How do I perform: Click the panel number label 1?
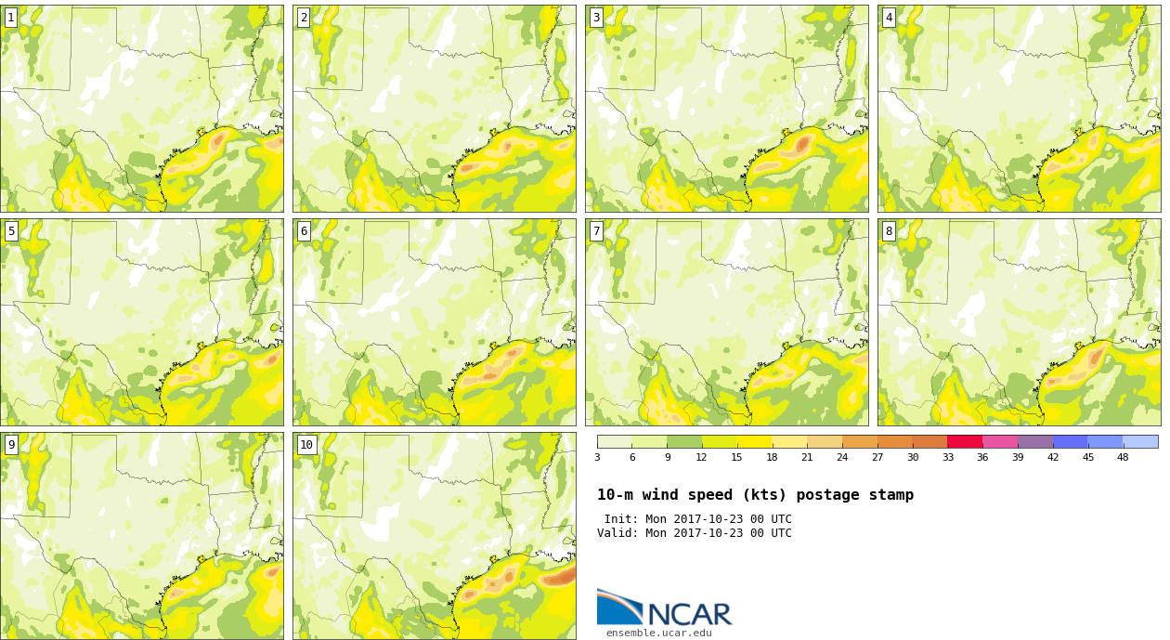11,19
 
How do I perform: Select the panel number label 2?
304,19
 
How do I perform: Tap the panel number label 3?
596,19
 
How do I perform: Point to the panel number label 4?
889,19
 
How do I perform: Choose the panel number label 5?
11,231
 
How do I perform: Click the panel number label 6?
304,231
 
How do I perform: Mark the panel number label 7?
596,231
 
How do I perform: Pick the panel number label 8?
889,231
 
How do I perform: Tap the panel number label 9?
11,445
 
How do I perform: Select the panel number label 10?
306,445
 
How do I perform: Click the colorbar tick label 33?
947,458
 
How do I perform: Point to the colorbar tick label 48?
1123,458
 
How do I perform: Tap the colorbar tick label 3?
597,458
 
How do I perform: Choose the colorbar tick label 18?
772,458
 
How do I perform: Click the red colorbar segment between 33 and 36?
965,442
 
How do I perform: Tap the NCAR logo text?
690,615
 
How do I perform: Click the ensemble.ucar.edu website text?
659,633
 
